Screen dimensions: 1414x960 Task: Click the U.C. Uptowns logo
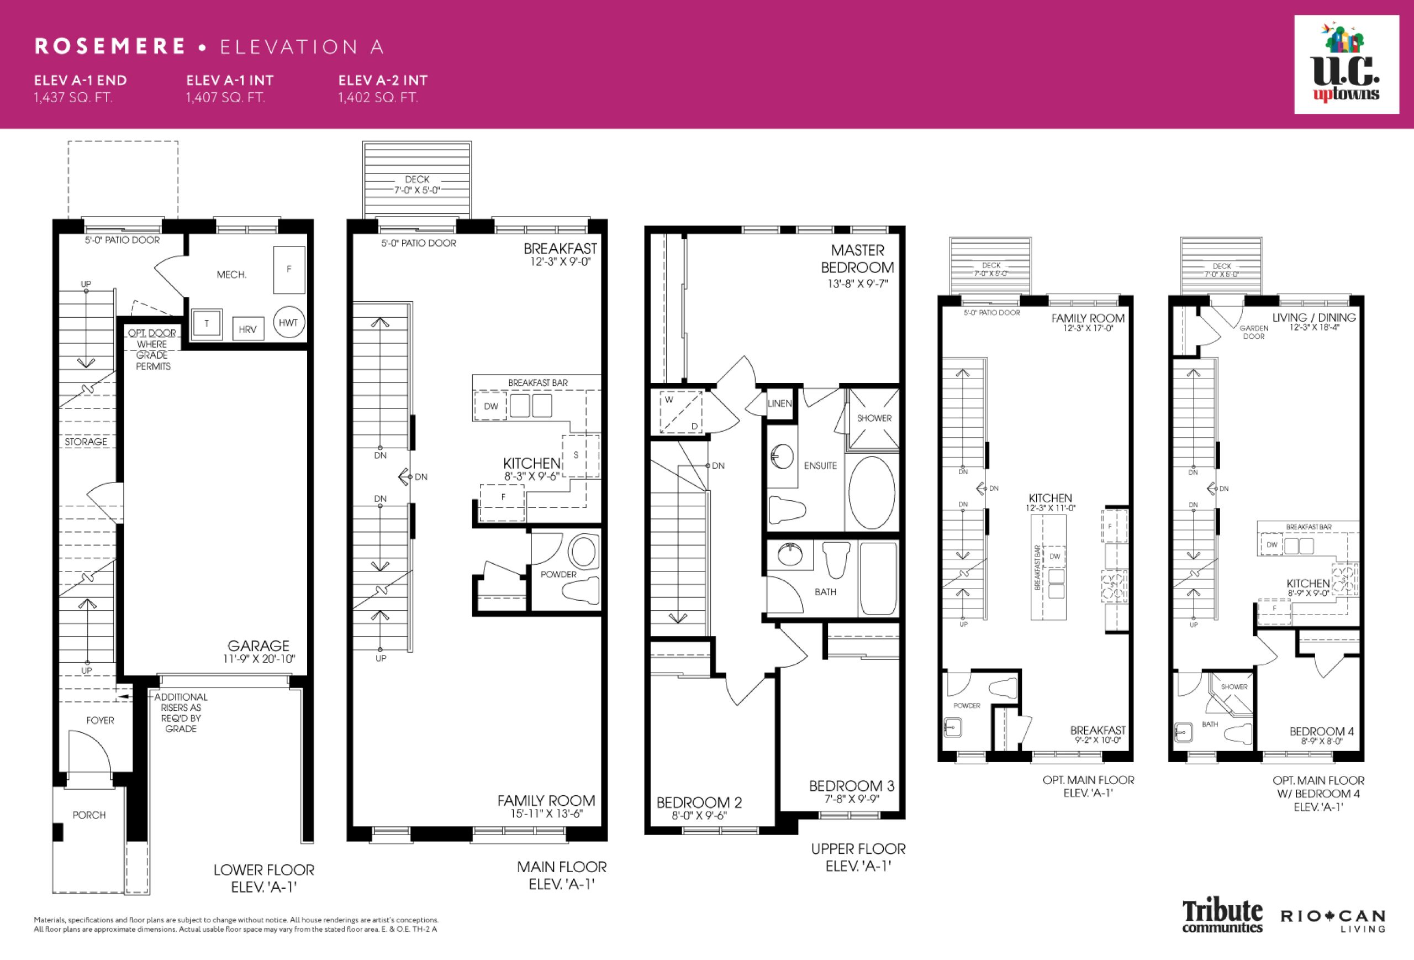click(1347, 65)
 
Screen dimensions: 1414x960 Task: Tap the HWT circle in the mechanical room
click(288, 323)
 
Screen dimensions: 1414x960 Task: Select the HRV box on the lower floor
click(247, 329)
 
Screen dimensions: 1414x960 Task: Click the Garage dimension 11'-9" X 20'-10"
click(259, 659)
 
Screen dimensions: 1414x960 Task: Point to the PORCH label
click(89, 815)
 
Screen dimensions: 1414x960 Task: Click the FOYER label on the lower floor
click(101, 720)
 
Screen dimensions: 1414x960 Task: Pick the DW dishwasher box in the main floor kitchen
click(491, 406)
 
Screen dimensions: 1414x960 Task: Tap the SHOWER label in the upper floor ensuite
click(874, 418)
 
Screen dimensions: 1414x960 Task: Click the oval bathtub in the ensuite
click(871, 492)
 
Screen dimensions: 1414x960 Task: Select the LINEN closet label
click(779, 403)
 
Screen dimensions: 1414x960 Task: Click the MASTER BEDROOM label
click(857, 259)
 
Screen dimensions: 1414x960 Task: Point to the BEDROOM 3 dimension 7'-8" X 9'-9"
click(852, 799)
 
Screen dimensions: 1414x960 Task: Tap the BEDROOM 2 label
click(699, 802)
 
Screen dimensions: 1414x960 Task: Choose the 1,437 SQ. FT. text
click(73, 97)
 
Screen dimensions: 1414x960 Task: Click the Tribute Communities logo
click(1223, 916)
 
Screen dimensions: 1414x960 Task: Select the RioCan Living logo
click(1333, 920)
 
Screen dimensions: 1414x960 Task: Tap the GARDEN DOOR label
click(1254, 332)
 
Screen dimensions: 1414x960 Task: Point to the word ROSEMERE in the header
click(110, 46)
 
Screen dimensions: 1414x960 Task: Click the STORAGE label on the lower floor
click(86, 442)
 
